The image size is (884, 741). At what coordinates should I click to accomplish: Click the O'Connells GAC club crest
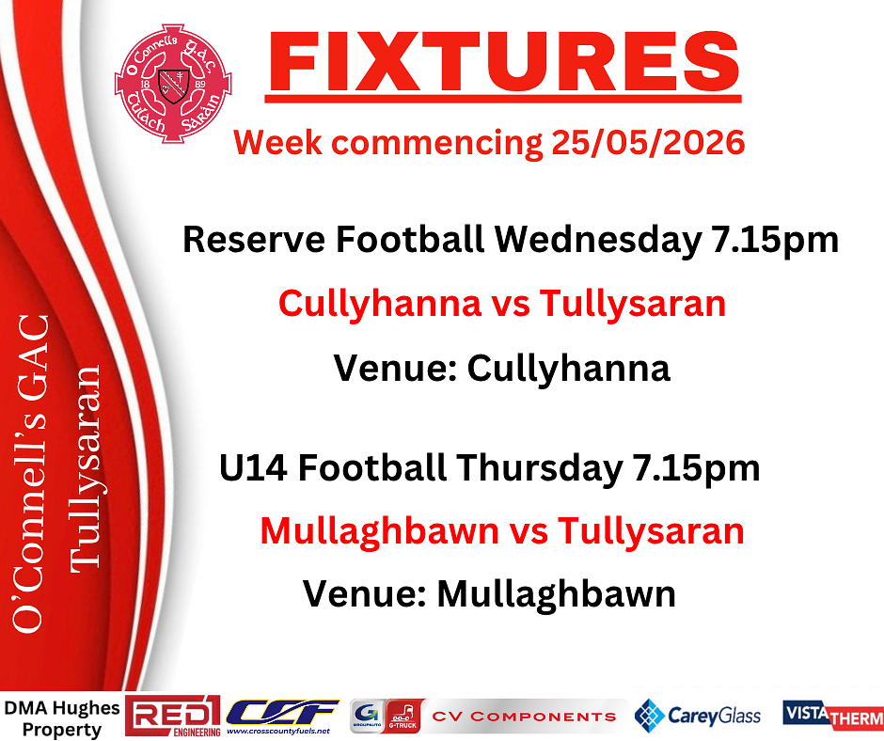173,83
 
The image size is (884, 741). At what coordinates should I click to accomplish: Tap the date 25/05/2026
648,142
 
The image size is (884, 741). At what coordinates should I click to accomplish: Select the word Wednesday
598,239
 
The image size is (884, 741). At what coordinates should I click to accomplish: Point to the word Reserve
254,239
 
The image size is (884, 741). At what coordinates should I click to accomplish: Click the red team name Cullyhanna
379,305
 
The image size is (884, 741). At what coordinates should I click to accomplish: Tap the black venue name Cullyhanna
569,369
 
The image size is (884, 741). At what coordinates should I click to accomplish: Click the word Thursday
540,467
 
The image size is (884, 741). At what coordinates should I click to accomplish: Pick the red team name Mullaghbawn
380,532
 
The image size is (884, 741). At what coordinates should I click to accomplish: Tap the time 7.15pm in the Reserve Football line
775,240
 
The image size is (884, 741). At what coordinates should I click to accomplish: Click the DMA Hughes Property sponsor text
61,718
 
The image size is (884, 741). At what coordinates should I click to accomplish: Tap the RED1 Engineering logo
172,717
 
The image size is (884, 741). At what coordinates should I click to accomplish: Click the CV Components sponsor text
525,717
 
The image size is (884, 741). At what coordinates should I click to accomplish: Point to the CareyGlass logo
698,717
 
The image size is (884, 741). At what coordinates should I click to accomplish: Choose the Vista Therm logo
833,715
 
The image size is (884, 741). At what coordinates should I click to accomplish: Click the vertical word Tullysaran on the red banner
86,468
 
